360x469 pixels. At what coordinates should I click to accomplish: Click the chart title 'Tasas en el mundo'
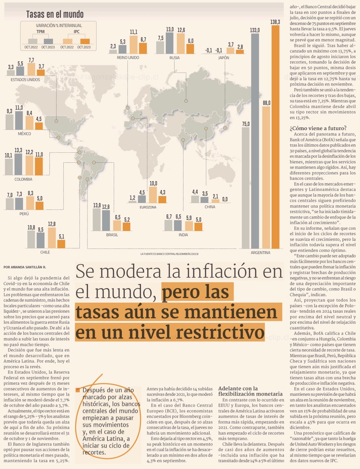[x=55, y=14]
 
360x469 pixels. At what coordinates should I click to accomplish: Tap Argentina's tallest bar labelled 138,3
[x=275, y=137]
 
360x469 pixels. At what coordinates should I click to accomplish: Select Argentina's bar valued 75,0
[x=246, y=187]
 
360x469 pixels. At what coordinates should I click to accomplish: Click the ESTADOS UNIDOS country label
[x=25, y=79]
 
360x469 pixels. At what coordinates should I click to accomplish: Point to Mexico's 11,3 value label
[x=19, y=108]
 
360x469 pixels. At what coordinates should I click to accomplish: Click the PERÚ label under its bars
[x=24, y=214]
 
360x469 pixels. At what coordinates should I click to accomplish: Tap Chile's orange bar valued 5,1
[x=61, y=244]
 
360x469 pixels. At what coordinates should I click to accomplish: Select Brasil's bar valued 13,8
[x=96, y=219]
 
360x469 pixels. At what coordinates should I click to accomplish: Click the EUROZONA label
[x=148, y=207]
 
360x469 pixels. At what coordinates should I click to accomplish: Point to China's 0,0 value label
[x=225, y=199]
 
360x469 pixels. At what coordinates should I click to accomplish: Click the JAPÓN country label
[x=224, y=58]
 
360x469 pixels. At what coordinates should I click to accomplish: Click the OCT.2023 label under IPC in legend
[x=84, y=47]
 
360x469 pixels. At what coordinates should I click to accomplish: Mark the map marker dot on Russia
[x=186, y=101]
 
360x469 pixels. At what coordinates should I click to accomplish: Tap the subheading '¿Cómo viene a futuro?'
[x=318, y=128]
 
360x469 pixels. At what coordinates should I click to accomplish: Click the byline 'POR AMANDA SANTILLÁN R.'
[x=25, y=267]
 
